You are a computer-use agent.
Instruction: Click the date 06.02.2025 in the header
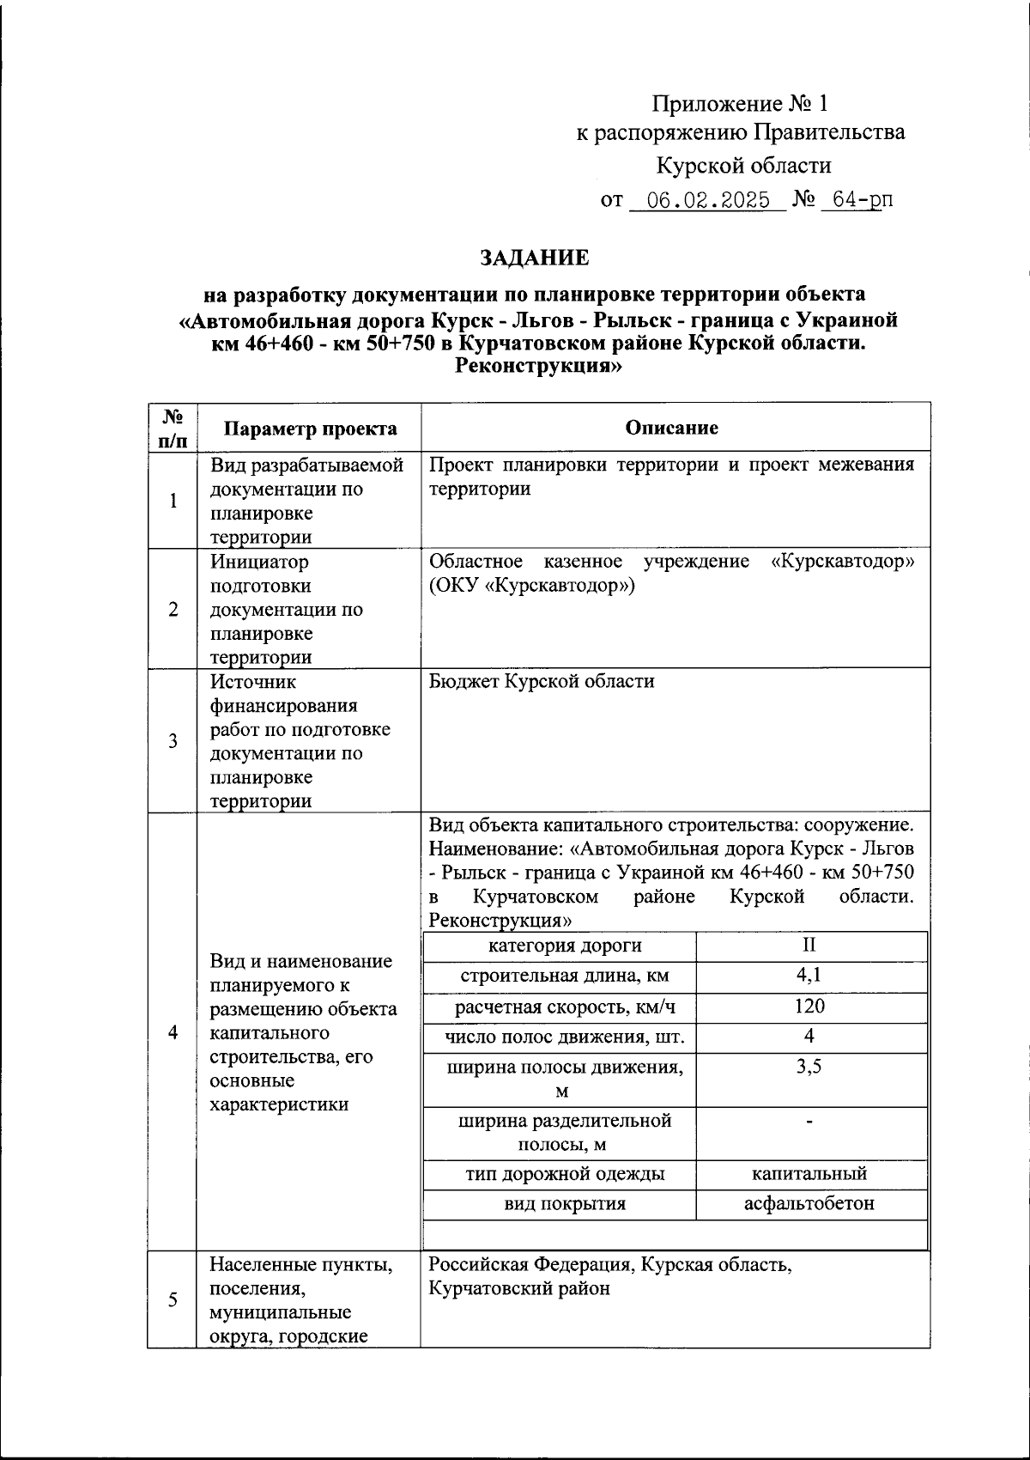(708, 201)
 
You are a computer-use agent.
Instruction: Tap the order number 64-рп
(856, 201)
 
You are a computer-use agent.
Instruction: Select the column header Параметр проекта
(310, 429)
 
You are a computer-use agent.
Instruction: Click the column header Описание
(672, 428)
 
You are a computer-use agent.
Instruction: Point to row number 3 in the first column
(173, 741)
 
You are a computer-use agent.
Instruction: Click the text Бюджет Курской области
(542, 681)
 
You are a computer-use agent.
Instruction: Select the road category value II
(809, 946)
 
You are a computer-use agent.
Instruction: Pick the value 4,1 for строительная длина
(809, 976)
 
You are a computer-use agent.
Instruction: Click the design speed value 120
(809, 1007)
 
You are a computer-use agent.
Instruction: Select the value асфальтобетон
(809, 1203)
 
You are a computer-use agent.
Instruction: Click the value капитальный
(809, 1174)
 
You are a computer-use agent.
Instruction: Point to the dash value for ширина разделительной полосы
(809, 1122)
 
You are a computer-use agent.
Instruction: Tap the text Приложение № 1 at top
(740, 105)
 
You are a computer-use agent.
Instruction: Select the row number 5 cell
(173, 1299)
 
